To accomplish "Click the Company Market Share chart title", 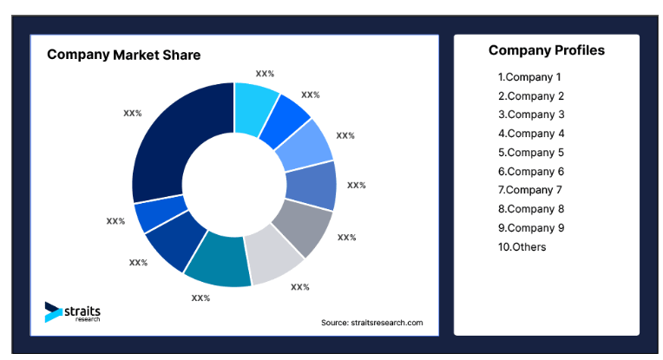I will [123, 55].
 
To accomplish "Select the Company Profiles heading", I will [546, 50].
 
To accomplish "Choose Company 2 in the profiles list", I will [530, 96].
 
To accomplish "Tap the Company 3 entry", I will [530, 115].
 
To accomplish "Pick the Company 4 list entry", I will [530, 134].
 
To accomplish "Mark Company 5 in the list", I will [530, 153].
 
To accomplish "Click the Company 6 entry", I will [530, 172].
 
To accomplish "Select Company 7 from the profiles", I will [530, 190].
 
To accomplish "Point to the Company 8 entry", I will [530, 209].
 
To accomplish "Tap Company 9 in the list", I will [530, 228].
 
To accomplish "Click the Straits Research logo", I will [73, 313].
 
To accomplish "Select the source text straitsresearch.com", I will [371, 323].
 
